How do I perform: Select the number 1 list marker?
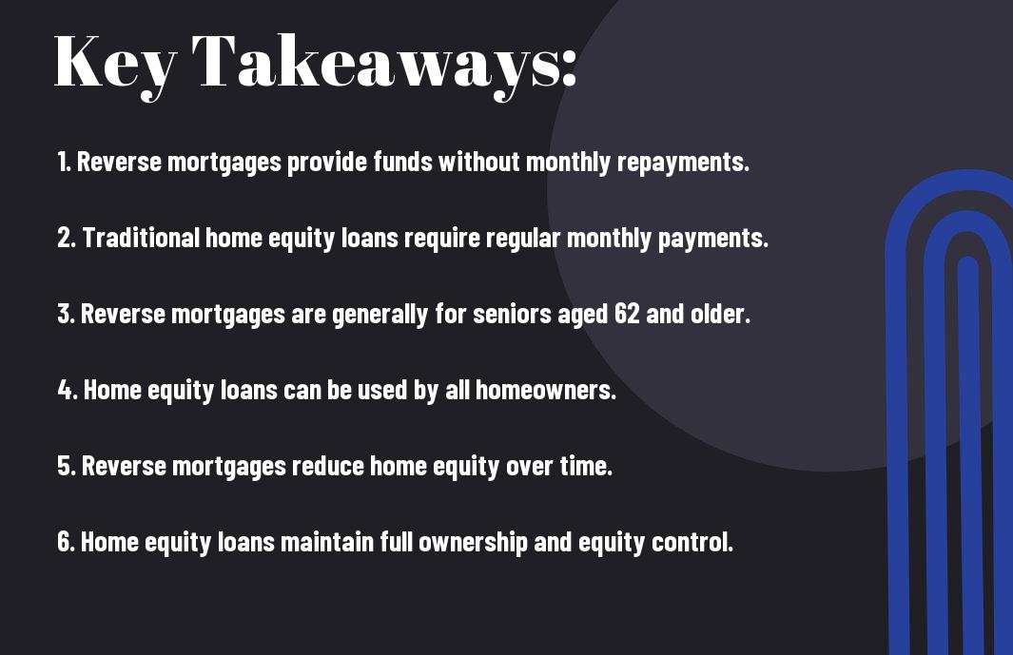tap(64, 162)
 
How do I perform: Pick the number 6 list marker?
tap(66, 541)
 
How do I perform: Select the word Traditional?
tap(141, 237)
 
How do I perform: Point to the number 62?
tap(627, 314)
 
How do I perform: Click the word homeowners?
tap(546, 390)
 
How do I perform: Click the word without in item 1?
tap(479, 162)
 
